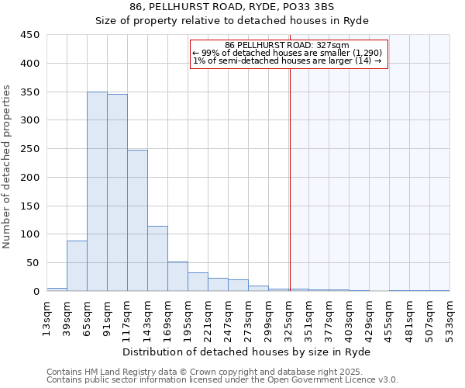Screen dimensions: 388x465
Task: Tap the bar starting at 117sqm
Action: tap(137, 220)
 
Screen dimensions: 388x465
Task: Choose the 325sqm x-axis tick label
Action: tap(289, 317)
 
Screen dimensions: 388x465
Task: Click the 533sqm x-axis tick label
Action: tap(450, 317)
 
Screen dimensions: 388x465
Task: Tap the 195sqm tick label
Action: tap(188, 317)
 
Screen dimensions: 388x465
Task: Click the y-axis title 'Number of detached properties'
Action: tap(8, 167)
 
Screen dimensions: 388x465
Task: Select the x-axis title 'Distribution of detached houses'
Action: tap(248, 352)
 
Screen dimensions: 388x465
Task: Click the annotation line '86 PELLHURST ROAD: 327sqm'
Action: tap(288, 45)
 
